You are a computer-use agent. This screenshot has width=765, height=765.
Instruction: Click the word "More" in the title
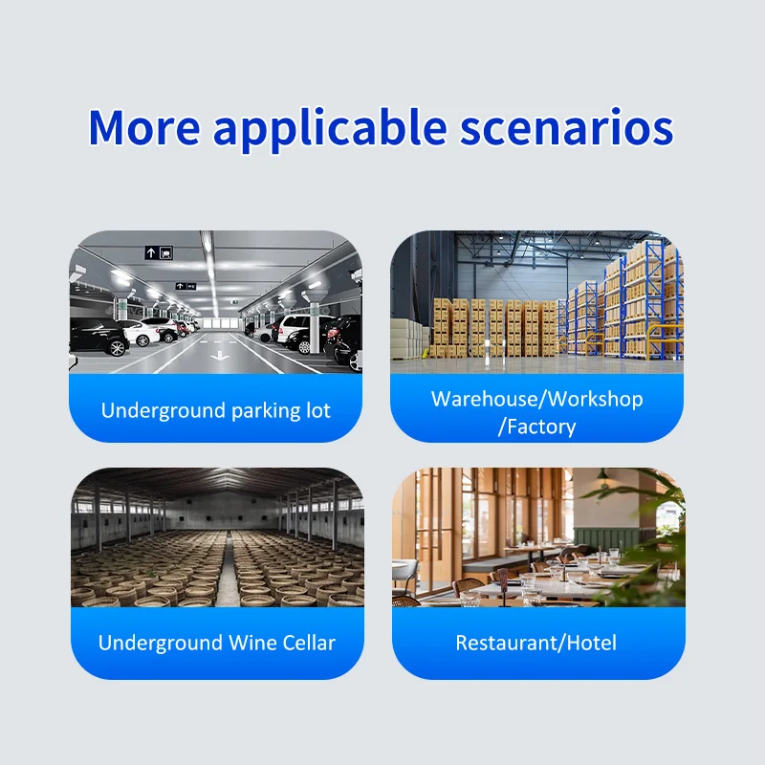142,127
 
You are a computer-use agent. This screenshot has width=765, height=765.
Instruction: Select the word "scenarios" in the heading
566,127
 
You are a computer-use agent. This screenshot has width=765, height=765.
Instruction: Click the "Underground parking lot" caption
216,411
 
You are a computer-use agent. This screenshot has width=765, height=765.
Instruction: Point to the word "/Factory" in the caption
536,426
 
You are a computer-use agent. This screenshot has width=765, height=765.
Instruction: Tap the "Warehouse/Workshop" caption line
536,399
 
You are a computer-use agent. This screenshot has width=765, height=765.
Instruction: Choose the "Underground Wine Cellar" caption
217,643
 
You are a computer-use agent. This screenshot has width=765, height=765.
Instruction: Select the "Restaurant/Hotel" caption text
536,643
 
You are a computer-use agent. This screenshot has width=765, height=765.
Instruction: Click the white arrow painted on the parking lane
219,356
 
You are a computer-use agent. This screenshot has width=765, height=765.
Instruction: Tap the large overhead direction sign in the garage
159,252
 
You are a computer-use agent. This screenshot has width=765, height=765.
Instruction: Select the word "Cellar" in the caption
308,643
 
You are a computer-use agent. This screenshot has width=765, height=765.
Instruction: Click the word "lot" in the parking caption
318,411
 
